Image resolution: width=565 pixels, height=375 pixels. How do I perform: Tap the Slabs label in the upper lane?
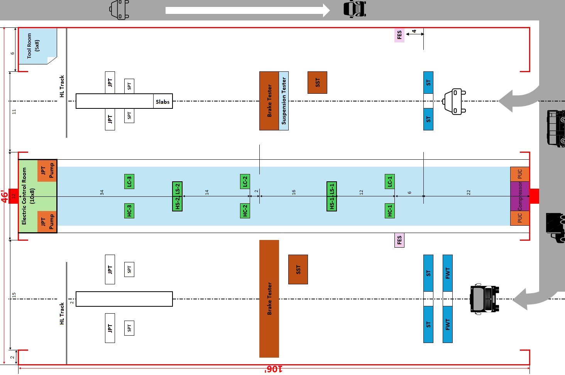pyautogui.click(x=162, y=102)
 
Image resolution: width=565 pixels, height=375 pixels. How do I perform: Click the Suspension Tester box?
pyautogui.click(x=284, y=101)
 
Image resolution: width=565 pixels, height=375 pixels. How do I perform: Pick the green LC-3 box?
pyautogui.click(x=129, y=181)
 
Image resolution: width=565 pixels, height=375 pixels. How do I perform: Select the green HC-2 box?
pyautogui.click(x=245, y=211)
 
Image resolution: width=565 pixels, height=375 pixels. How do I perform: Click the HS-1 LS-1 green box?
pyautogui.click(x=332, y=196)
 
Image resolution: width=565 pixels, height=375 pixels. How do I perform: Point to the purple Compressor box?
pyautogui.click(x=519, y=196)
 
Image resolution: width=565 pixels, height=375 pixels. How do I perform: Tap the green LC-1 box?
pyautogui.click(x=390, y=181)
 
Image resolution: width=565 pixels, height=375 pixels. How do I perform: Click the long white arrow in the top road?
pyautogui.click(x=247, y=10)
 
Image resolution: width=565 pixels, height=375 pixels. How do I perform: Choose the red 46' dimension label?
pyautogui.click(x=4, y=196)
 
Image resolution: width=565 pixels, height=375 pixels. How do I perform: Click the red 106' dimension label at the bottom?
pyautogui.click(x=273, y=369)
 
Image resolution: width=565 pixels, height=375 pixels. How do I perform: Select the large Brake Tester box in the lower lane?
pyautogui.click(x=269, y=299)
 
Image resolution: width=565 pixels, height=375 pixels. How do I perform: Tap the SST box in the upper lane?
pyautogui.click(x=317, y=83)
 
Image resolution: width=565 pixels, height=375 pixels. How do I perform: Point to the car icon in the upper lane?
pyautogui.click(x=455, y=101)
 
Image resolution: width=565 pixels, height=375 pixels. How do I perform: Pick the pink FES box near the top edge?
pyautogui.click(x=399, y=35)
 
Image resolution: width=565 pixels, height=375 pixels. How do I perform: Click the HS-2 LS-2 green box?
pyautogui.click(x=177, y=196)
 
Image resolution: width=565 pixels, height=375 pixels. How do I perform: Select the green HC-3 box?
pyautogui.click(x=129, y=211)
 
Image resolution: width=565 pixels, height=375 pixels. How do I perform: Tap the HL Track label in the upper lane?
pyautogui.click(x=62, y=86)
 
